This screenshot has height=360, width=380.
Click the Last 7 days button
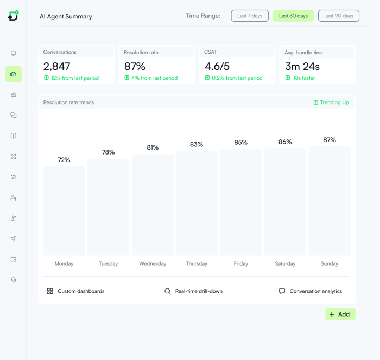(250, 16)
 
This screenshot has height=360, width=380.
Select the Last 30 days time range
(293, 16)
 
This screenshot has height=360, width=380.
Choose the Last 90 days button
(339, 16)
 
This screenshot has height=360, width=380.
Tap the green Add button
(340, 314)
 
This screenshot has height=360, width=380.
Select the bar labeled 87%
(330, 201)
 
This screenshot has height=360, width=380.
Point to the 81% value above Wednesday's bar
(153, 147)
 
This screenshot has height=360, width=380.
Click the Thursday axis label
(197, 263)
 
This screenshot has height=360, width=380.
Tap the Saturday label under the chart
(285, 263)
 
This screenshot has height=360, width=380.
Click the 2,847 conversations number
(57, 66)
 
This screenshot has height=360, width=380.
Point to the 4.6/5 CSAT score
(217, 66)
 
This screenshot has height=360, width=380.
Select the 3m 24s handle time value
(302, 67)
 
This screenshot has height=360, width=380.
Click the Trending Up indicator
(331, 102)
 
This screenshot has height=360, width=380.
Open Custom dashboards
(80, 291)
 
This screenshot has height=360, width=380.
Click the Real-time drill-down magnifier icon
(168, 291)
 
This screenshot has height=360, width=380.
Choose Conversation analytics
(315, 291)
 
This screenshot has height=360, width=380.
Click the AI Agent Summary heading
(66, 16)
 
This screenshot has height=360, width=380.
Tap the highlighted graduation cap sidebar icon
(14, 74)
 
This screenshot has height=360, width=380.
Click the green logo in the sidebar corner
(14, 16)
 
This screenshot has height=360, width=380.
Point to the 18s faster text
(304, 78)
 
